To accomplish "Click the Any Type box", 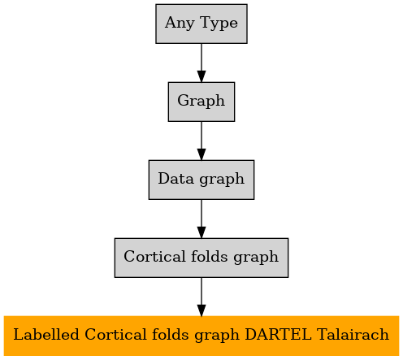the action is tap(201, 24).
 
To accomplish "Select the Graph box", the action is tap(201, 102).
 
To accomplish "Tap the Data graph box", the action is tap(201, 180).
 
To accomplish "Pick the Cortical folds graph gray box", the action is tap(201, 258).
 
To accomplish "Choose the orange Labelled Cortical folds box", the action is tap(201, 336).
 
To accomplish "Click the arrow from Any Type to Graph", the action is tap(201, 63).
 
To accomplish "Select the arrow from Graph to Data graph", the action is tap(201, 141).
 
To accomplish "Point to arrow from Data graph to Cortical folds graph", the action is tap(201, 219).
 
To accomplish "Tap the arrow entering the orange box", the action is tap(201, 297).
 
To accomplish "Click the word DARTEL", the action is tap(278, 334).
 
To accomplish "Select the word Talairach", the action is tap(353, 334).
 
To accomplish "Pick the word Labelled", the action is tap(46, 334).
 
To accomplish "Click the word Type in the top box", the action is tap(219, 24).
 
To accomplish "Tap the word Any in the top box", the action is tap(180, 24).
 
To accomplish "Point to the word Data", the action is tap(175, 179).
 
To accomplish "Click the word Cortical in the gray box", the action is tap(154, 256).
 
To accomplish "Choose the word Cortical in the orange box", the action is tap(115, 334).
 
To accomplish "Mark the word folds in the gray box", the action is tap(209, 256).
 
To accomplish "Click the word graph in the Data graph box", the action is tap(222, 180).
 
